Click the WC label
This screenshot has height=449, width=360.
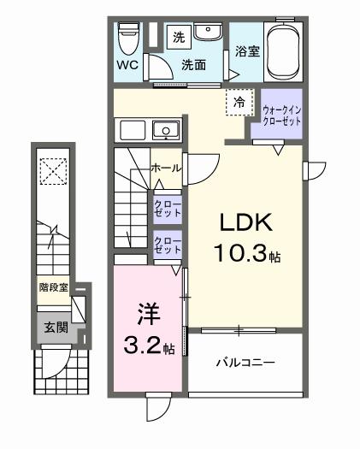(127, 65)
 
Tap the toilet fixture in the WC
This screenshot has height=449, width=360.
(129, 37)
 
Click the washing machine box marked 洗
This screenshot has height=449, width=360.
(179, 37)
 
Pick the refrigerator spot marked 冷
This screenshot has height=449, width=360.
(240, 102)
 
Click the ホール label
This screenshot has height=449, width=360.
(164, 168)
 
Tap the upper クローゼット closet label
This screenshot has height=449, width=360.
(166, 209)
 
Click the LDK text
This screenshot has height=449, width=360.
(246, 223)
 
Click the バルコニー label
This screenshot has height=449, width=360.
(244, 363)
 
